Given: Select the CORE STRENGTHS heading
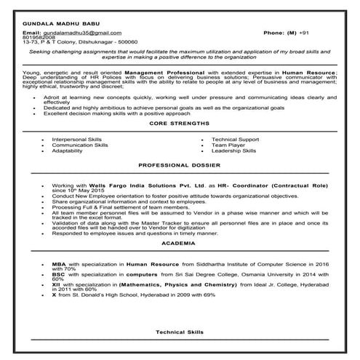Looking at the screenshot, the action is coord(179,124).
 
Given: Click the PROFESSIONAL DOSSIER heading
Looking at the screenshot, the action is coord(179,166).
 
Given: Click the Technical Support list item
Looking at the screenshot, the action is coord(235,139).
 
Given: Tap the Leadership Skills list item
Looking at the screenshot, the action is coord(234,151).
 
